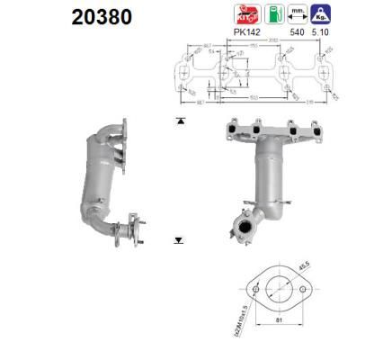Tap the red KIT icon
246,14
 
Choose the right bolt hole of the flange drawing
301,289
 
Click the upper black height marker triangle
180,120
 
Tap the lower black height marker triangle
180,240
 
